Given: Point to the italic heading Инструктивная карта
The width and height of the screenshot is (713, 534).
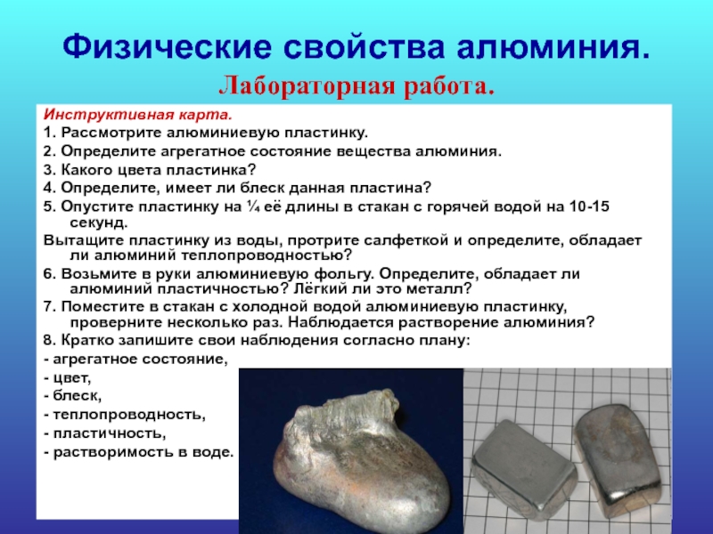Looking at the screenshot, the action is [x=138, y=115].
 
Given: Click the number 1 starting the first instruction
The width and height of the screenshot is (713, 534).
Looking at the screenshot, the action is [x=48, y=133].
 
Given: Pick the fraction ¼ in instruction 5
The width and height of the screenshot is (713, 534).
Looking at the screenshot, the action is [x=251, y=206].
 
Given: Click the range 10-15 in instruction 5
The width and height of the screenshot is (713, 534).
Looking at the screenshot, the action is [x=589, y=206].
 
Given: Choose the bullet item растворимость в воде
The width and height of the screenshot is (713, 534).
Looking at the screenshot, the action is [x=139, y=452].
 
